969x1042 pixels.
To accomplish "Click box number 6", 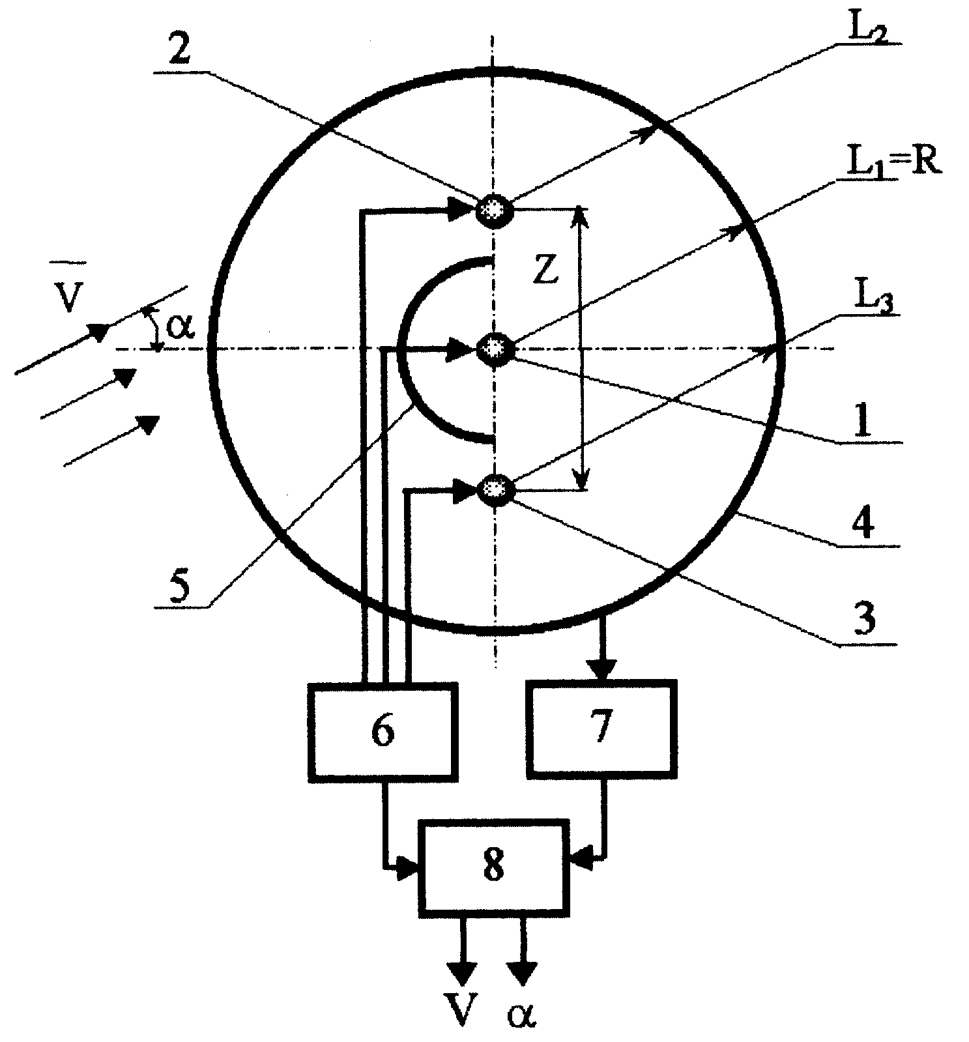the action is (383, 731).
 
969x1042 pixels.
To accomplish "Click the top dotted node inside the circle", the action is (495, 210).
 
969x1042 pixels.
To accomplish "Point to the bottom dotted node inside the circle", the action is (496, 489).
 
